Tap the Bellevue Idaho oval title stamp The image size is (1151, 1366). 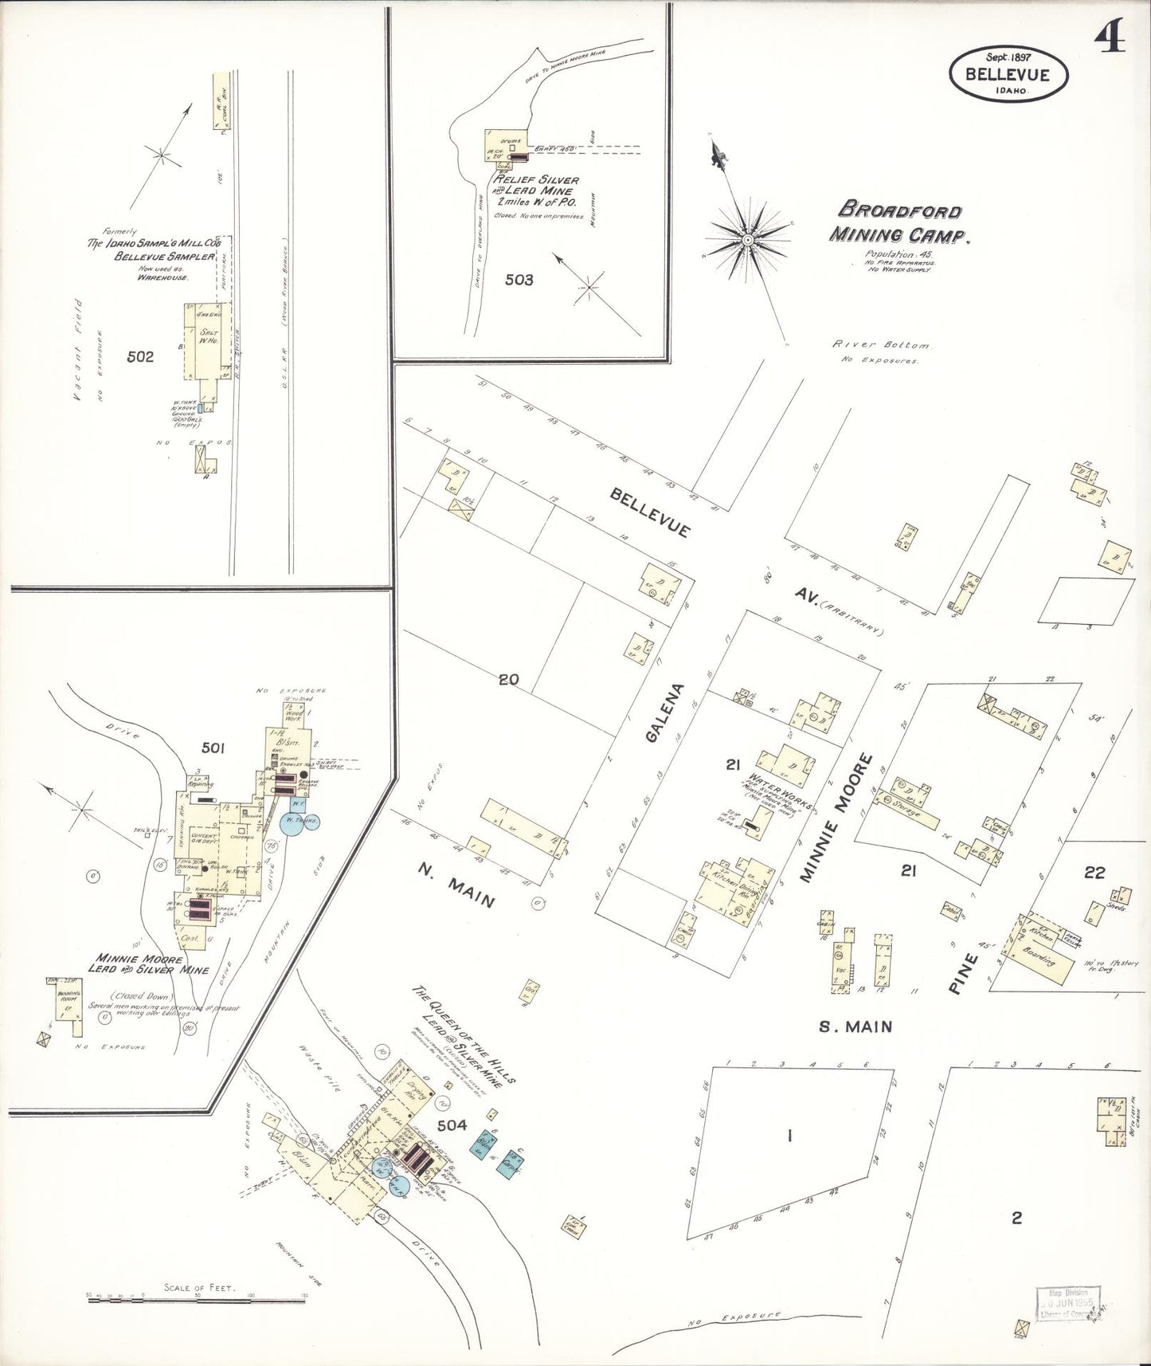pyautogui.click(x=1007, y=75)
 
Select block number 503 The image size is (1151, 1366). pyautogui.click(x=519, y=280)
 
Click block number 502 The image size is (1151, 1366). pyautogui.click(x=140, y=356)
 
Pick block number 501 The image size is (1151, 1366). pyautogui.click(x=213, y=748)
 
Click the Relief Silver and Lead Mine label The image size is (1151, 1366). pyautogui.click(x=535, y=191)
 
